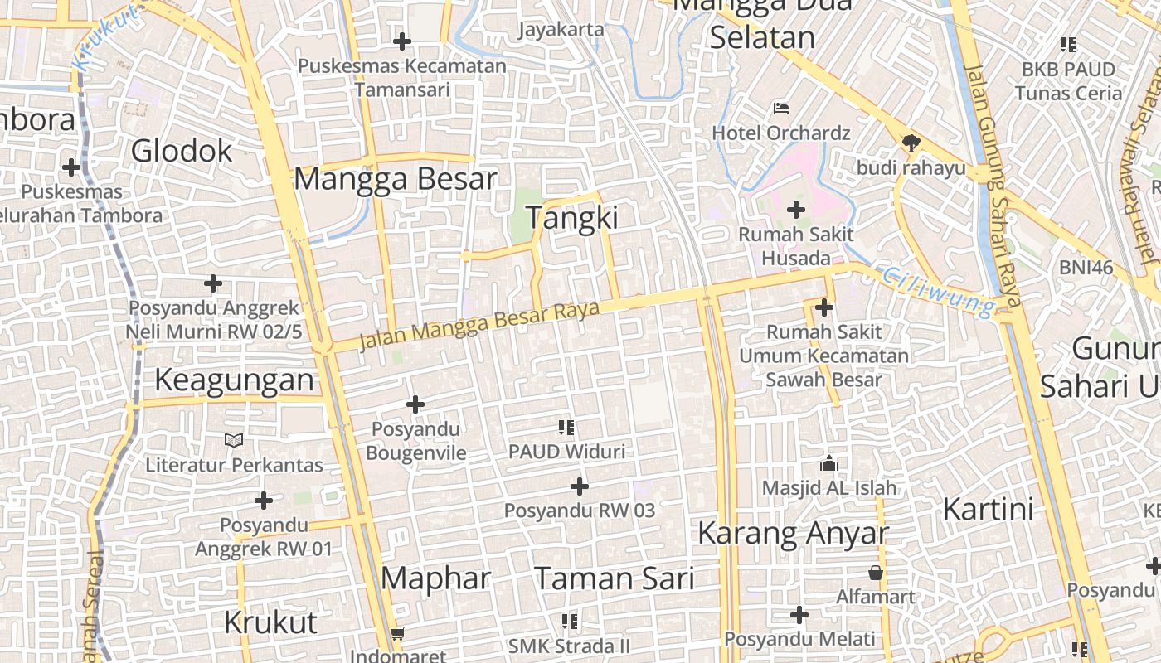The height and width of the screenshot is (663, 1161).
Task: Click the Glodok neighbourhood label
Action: point(182,152)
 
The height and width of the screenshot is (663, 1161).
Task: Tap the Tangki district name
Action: point(572,218)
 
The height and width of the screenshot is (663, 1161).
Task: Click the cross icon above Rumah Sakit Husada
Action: point(796,210)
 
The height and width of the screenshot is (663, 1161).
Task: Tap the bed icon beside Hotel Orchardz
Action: point(781,108)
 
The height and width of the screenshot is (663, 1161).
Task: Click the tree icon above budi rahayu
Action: point(911,143)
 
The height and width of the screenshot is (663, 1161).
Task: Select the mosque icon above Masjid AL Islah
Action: point(828,463)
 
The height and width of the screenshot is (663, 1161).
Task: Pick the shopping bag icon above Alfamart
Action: point(876,572)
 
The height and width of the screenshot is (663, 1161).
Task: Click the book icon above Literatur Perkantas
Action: point(235,440)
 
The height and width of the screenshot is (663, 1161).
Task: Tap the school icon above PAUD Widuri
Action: point(566,428)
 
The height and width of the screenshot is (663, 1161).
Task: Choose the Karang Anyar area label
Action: point(793,534)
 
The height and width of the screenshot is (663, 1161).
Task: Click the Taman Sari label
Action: point(614,578)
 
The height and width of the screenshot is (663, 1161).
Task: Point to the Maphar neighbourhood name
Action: point(436,578)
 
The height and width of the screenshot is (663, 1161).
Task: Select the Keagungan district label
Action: point(235,380)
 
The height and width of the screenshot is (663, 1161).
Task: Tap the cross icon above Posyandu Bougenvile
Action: point(415,404)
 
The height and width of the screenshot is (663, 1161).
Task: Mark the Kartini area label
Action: point(988,509)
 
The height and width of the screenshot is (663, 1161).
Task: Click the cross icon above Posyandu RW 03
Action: point(580,486)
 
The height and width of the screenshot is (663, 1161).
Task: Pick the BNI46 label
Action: point(1086,268)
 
